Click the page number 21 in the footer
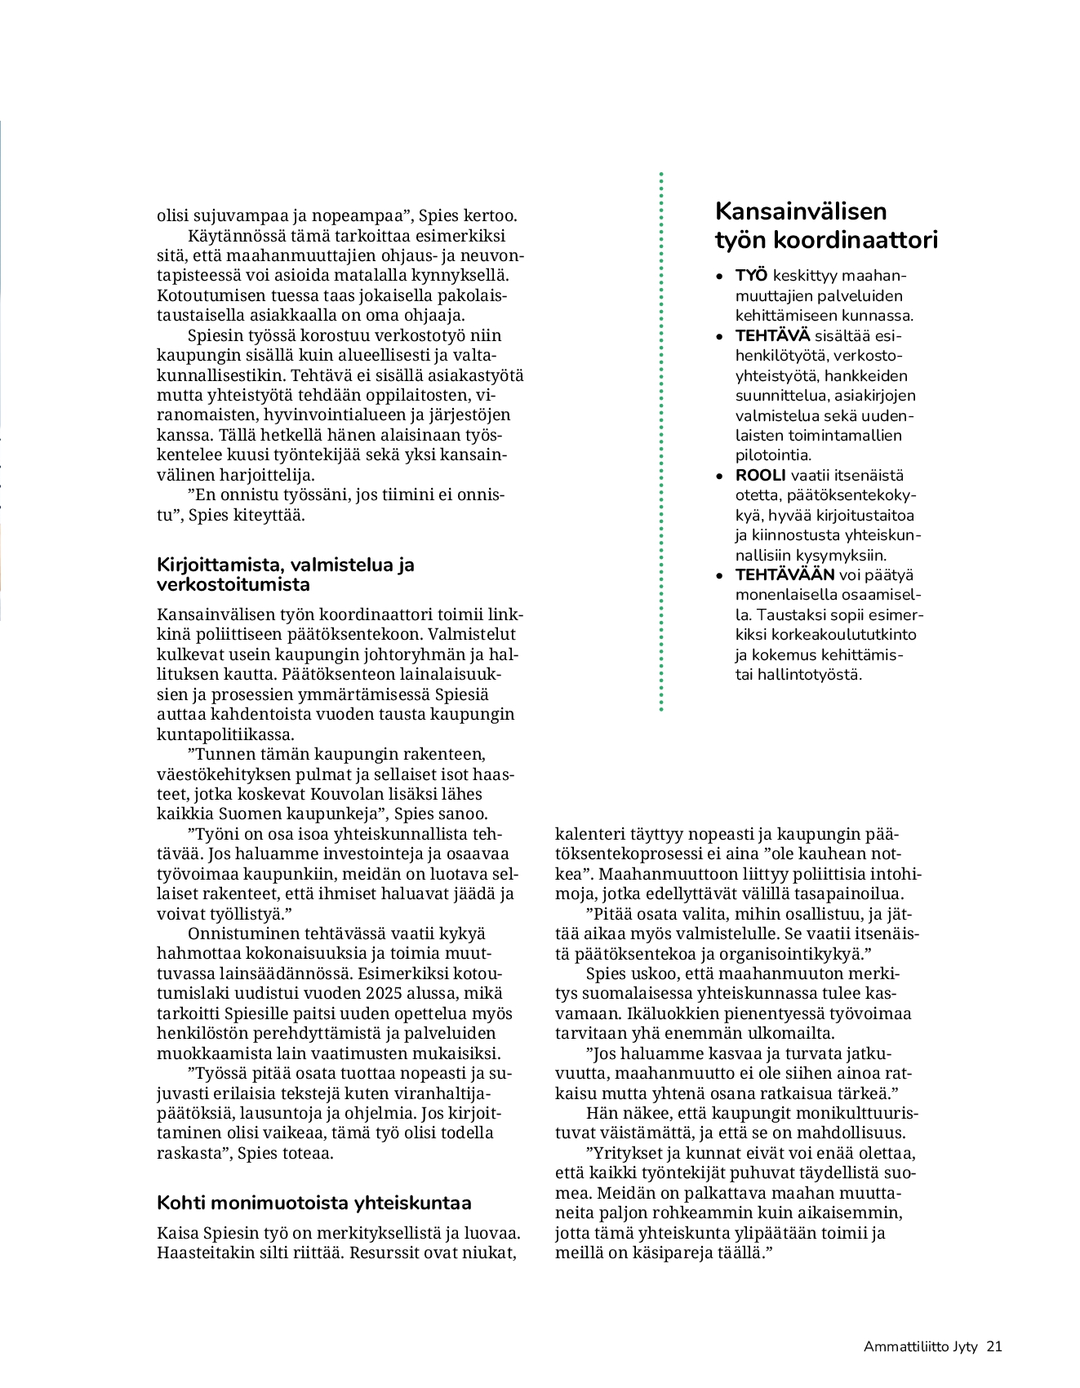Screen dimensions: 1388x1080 [993, 1346]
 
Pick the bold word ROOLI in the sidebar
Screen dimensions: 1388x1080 [760, 476]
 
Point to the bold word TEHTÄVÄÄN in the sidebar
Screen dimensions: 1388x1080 [784, 575]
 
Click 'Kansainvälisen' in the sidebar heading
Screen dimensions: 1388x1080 [800, 211]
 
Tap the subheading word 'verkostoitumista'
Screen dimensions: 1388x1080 [233, 585]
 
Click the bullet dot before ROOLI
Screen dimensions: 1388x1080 [718, 477]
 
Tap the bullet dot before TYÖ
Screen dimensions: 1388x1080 [718, 277]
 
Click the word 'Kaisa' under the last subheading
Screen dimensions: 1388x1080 [177, 1233]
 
